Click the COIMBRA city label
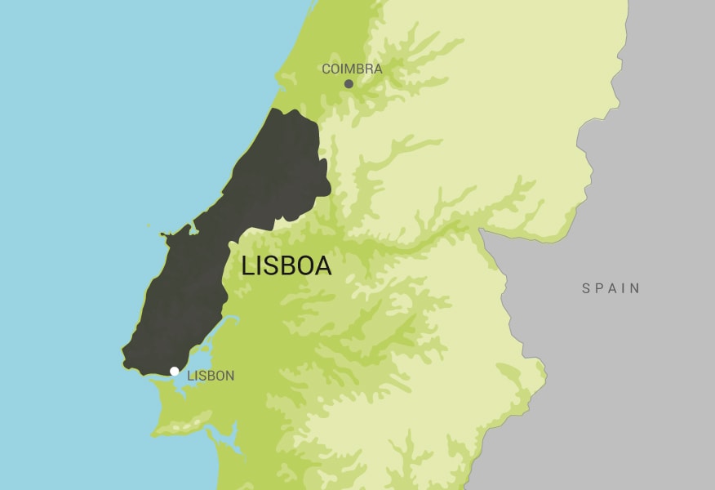[352, 69]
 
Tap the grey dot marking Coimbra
[349, 83]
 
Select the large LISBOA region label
[286, 266]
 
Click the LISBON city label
[211, 376]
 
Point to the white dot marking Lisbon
[174, 372]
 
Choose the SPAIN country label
[611, 288]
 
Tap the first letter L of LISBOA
[248, 266]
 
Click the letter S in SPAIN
[586, 288]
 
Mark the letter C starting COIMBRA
[326, 69]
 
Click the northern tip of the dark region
[282, 110]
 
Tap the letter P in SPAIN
[598, 288]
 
